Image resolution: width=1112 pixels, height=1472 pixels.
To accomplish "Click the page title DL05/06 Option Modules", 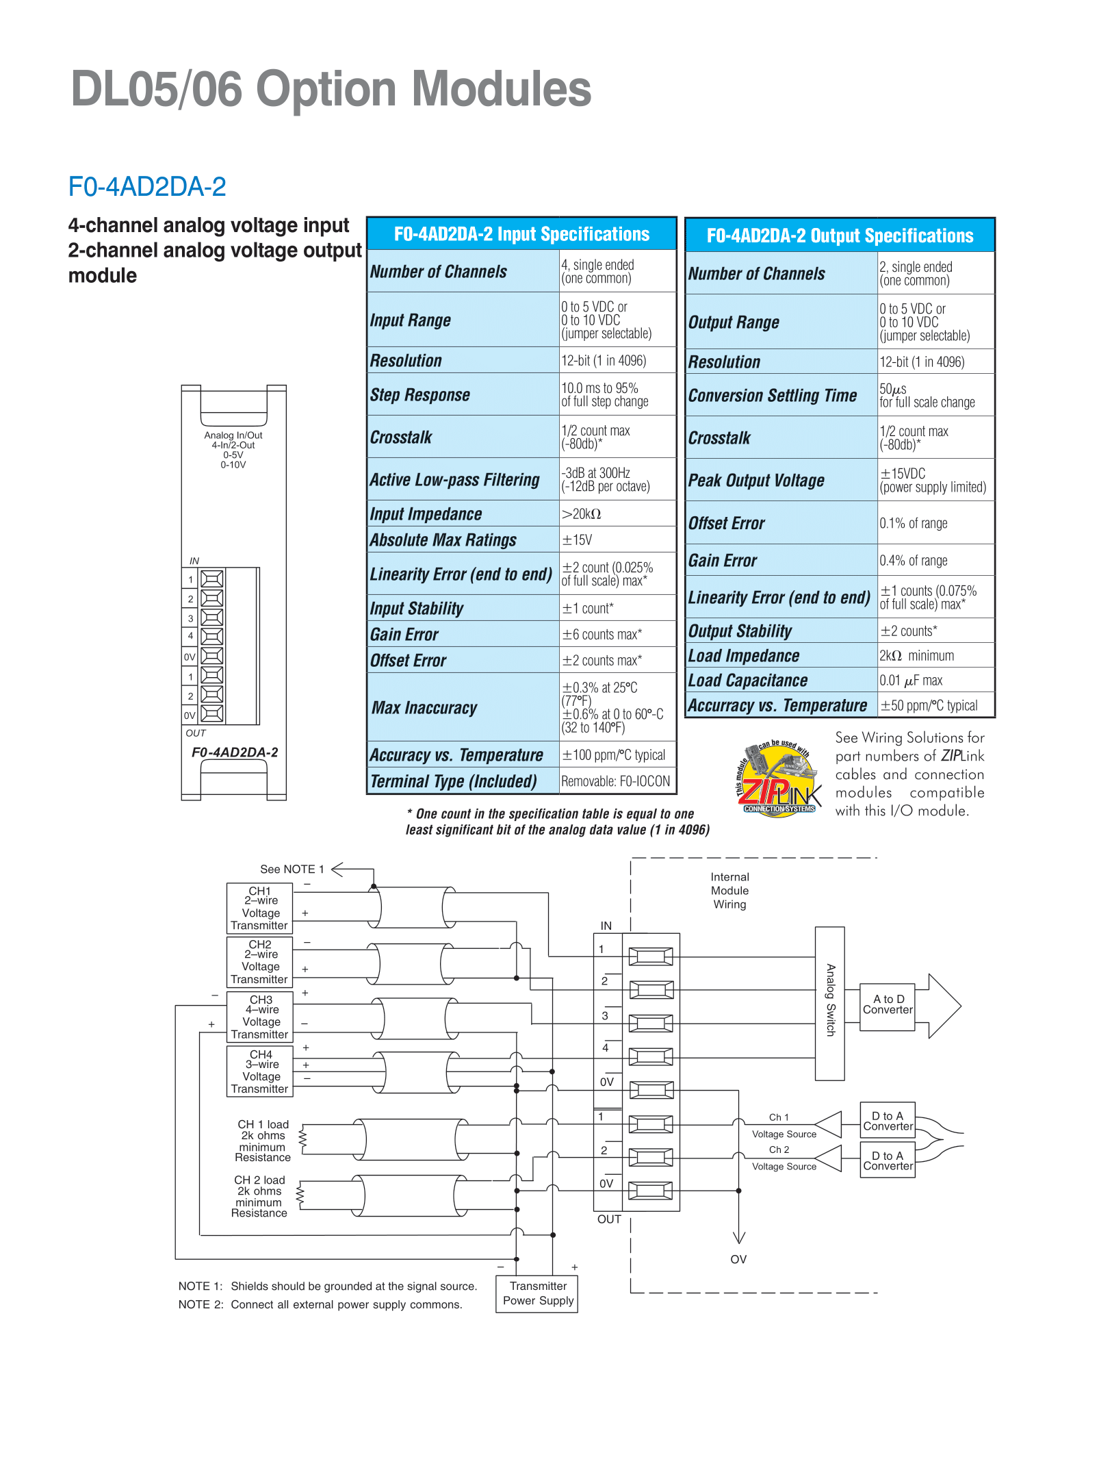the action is (331, 89).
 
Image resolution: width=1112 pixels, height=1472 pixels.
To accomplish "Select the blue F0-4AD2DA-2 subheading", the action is (147, 186).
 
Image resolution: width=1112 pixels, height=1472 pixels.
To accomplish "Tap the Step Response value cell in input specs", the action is (617, 394).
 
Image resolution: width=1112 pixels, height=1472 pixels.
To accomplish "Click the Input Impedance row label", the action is (426, 514).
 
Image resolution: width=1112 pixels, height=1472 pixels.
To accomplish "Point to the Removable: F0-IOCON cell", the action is (616, 781).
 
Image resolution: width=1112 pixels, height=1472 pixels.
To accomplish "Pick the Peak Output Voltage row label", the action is (756, 481).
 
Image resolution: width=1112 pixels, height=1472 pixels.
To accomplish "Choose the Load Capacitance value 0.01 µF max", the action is (911, 681).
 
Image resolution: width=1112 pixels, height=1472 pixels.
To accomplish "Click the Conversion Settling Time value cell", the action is (935, 396).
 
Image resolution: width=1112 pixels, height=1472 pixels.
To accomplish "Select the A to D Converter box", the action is (888, 1004).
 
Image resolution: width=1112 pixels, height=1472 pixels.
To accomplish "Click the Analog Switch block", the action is (829, 1004).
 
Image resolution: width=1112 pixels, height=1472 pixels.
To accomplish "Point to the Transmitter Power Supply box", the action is (537, 1293).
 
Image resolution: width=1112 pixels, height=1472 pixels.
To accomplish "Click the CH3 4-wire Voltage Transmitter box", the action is (260, 1017).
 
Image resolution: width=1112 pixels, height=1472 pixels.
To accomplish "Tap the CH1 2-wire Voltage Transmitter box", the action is (260, 909).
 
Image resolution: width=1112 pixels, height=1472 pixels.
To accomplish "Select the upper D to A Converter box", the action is (888, 1121).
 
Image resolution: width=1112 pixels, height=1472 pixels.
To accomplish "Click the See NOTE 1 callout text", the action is (292, 870).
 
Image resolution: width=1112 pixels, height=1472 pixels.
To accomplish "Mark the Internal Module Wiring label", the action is (729, 891).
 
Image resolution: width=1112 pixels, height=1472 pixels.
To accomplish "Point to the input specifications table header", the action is (521, 234).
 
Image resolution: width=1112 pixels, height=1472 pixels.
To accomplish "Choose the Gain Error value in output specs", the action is (914, 561).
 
